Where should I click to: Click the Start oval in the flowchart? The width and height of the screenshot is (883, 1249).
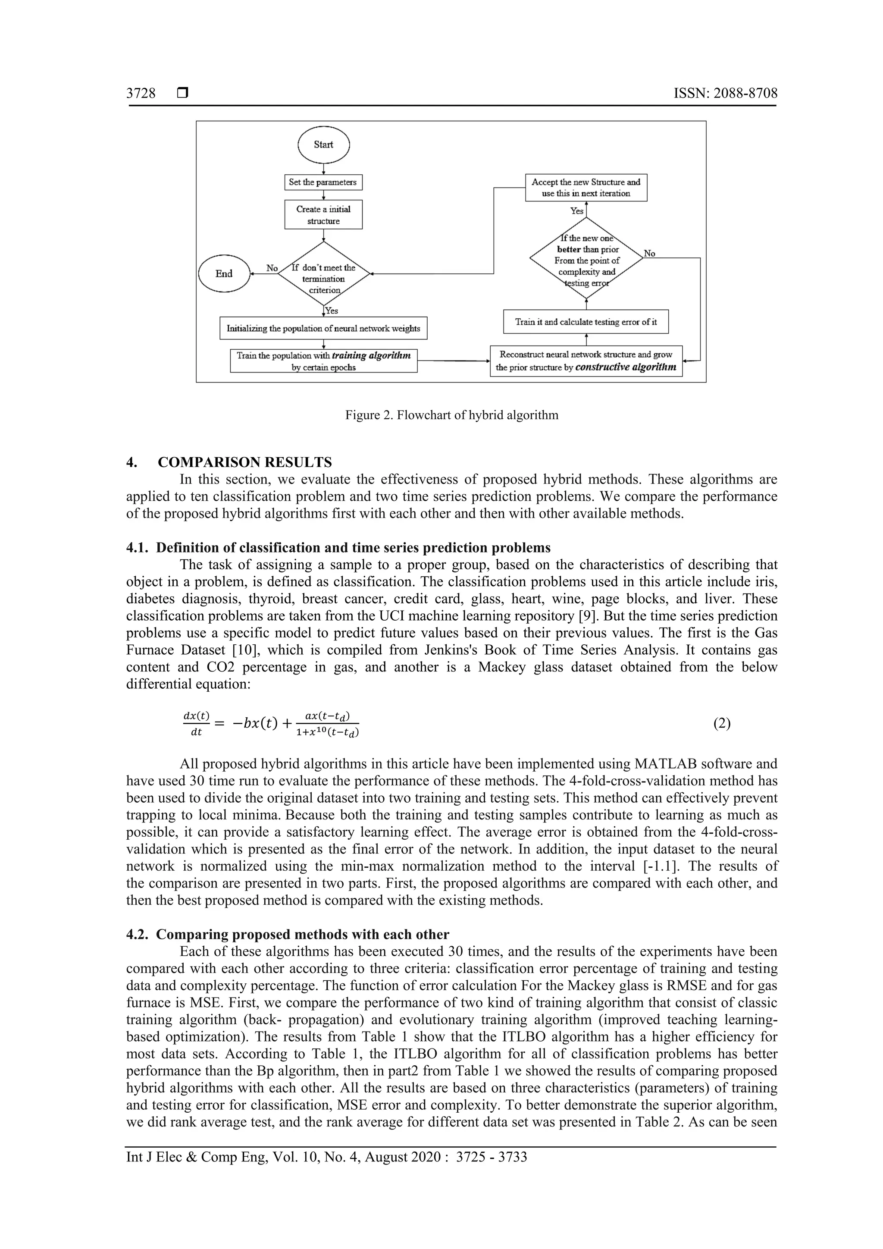click(x=323, y=145)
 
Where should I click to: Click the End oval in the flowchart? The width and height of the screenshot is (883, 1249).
click(x=224, y=273)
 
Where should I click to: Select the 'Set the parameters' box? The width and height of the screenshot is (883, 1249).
click(x=323, y=182)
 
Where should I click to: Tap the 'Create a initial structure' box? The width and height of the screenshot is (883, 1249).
click(x=323, y=215)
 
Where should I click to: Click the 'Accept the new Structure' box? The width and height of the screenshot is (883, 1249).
click(x=586, y=188)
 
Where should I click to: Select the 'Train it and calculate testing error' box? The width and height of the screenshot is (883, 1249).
click(x=586, y=322)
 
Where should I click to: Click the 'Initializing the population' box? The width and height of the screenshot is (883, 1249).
click(x=323, y=329)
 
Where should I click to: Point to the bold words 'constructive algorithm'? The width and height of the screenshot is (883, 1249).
click(x=625, y=367)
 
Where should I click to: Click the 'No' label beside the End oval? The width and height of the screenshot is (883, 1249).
click(x=272, y=268)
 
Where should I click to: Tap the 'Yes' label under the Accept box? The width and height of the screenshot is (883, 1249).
click(x=576, y=211)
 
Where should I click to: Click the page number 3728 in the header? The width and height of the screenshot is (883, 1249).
click(x=141, y=94)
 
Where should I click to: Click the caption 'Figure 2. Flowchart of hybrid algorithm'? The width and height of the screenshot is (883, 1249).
click(x=451, y=416)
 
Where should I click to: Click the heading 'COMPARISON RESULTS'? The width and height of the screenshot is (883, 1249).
click(x=244, y=462)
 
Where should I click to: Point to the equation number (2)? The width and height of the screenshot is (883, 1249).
click(x=721, y=724)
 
